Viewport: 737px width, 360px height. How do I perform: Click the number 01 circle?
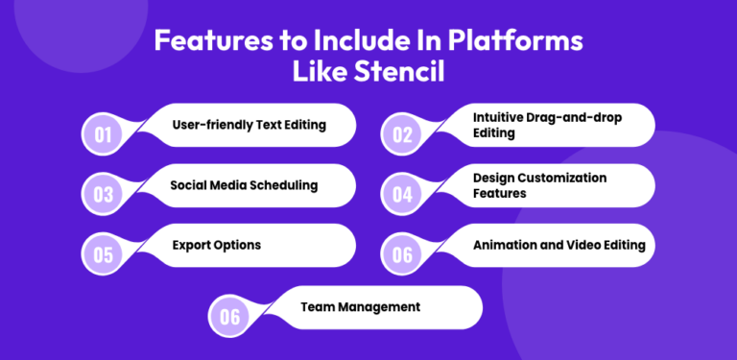103,132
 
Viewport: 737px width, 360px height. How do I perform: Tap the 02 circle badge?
402,132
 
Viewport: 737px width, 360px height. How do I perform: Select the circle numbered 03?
103,193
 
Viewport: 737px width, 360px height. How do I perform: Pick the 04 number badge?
402,193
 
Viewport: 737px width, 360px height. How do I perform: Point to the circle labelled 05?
103,253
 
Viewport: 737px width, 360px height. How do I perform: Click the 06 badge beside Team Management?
228,315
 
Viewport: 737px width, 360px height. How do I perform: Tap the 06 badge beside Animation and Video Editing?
402,253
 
